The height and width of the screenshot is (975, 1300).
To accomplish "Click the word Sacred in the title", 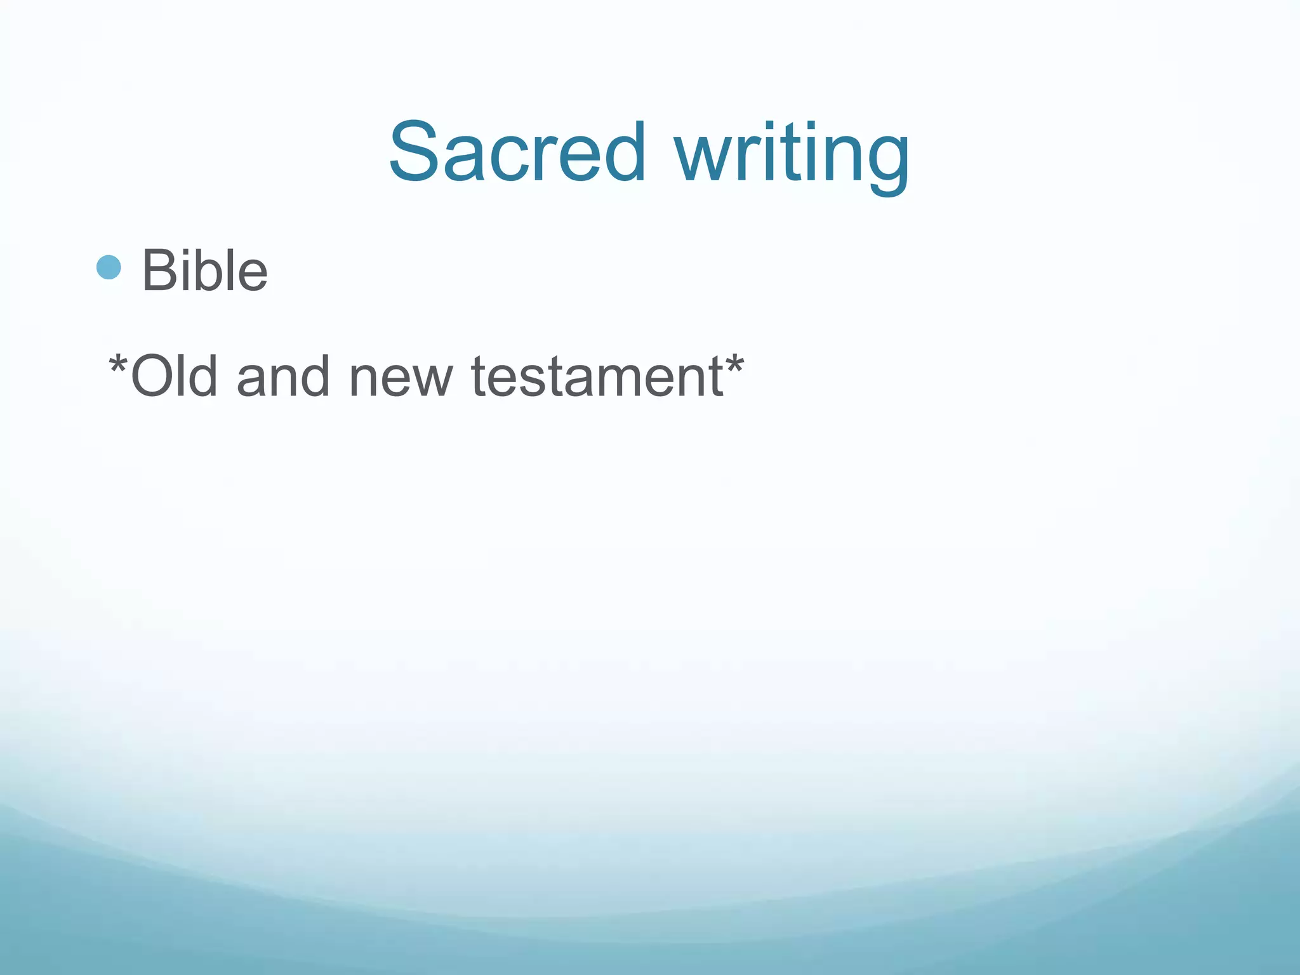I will pos(517,152).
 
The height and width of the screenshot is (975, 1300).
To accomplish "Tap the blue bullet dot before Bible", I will pos(109,267).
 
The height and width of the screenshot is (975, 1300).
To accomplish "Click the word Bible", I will pos(204,271).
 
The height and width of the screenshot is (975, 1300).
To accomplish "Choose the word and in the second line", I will pos(283,376).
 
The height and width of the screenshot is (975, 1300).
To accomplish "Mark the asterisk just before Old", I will pos(118,364).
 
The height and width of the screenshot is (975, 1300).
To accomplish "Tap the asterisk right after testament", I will pos(734,364).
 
